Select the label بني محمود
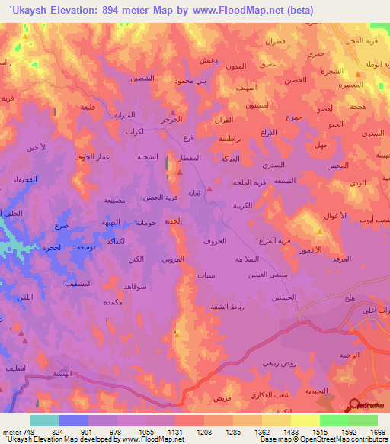click(x=191, y=80)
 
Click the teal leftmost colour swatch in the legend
click(x=45, y=420)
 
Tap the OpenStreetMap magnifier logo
click(x=355, y=405)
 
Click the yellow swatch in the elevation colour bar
click(x=305, y=420)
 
